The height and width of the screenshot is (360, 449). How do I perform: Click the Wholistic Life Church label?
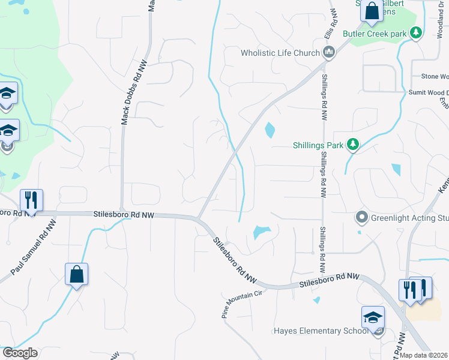click(x=280, y=53)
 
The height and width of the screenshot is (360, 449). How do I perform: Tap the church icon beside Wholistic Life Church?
click(x=328, y=53)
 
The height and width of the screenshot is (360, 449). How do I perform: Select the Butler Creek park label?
click(x=375, y=34)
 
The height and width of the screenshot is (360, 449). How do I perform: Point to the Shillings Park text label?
click(x=318, y=145)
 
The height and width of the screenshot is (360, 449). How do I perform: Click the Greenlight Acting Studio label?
click(x=409, y=218)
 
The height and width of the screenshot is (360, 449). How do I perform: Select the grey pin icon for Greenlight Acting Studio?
click(x=361, y=217)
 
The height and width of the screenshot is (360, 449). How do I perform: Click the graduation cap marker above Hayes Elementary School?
click(x=373, y=317)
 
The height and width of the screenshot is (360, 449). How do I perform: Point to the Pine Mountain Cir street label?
click(x=243, y=301)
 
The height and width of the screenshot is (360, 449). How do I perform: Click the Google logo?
click(x=20, y=353)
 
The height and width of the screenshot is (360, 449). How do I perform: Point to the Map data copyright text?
click(x=424, y=355)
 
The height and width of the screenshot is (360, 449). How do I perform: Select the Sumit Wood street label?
click(x=428, y=92)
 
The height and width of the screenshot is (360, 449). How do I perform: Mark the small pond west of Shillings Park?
click(x=270, y=129)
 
